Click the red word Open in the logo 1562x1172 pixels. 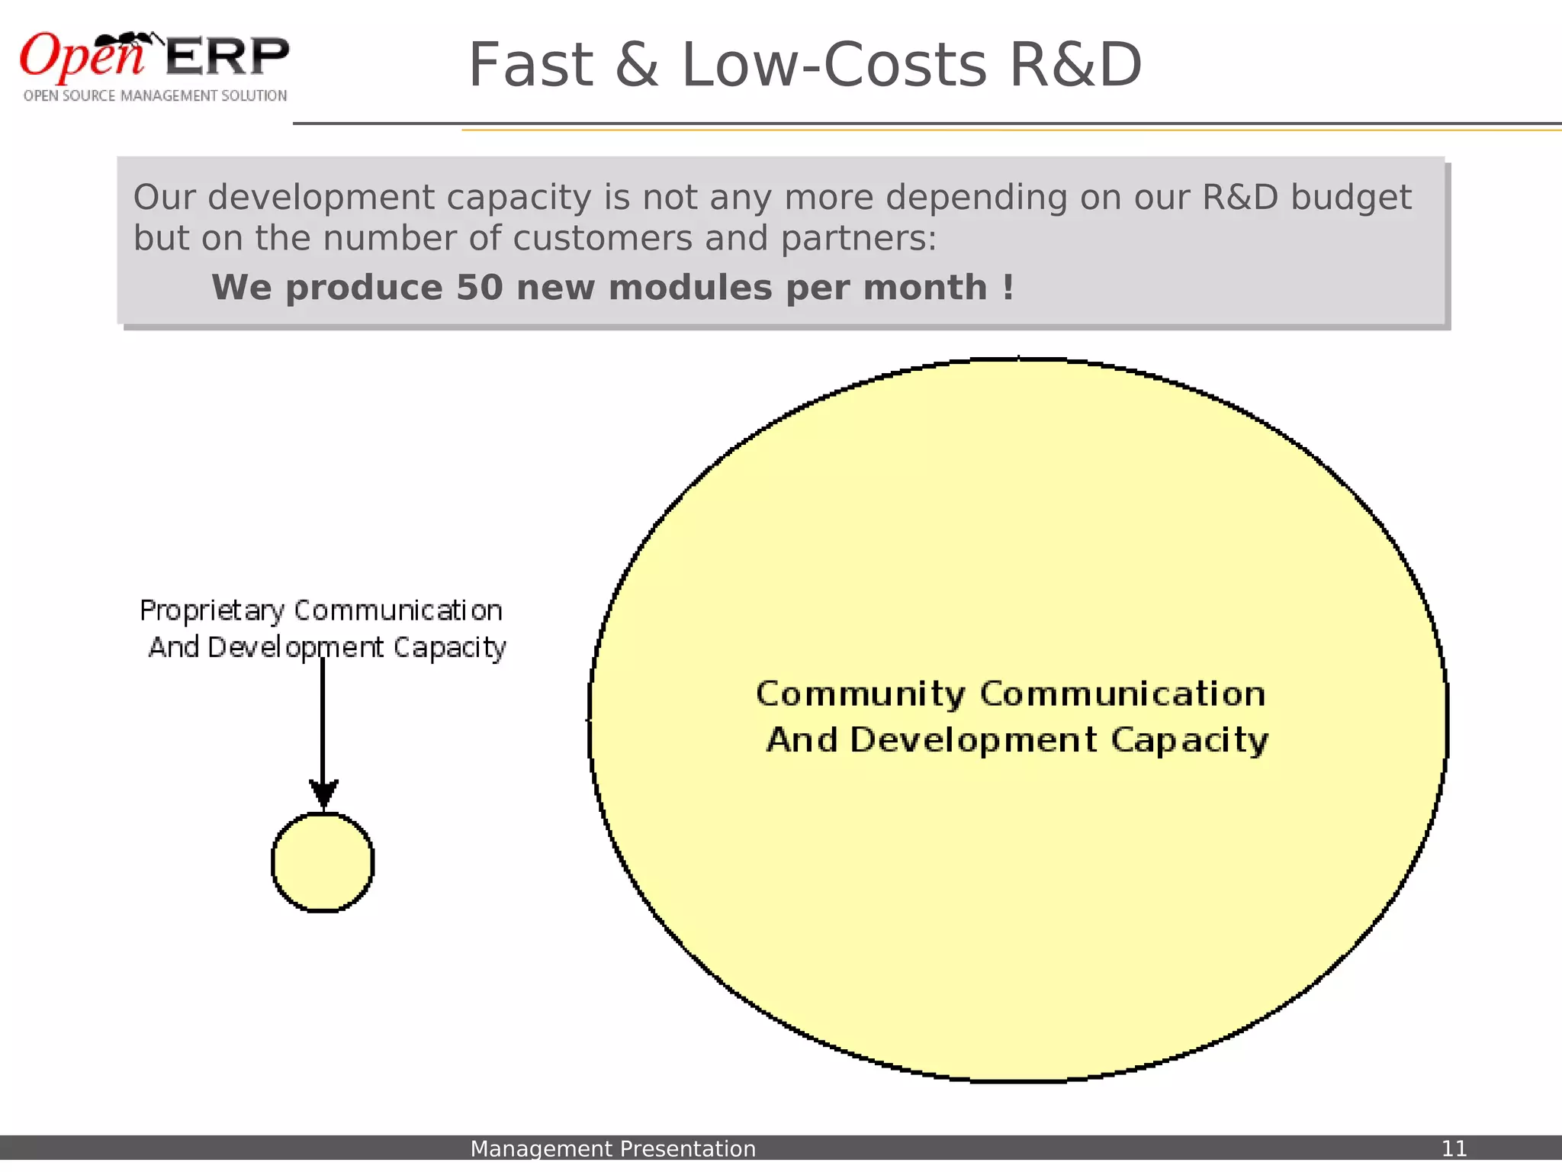pos(80,57)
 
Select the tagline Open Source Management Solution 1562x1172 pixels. pos(155,96)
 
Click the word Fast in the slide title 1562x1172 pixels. pos(530,66)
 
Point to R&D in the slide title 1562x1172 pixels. pos(1075,66)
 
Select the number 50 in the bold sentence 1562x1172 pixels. pos(480,288)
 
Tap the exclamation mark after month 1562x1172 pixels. pos(1008,288)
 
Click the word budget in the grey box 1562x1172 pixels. pos(1351,198)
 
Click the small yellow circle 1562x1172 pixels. pos(323,862)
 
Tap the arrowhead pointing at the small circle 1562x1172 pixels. pos(323,794)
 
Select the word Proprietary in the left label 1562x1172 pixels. pos(212,611)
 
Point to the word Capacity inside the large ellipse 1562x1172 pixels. pos(1189,741)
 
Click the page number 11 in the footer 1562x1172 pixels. pos(1454,1148)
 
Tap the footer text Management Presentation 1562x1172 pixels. pos(612,1148)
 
